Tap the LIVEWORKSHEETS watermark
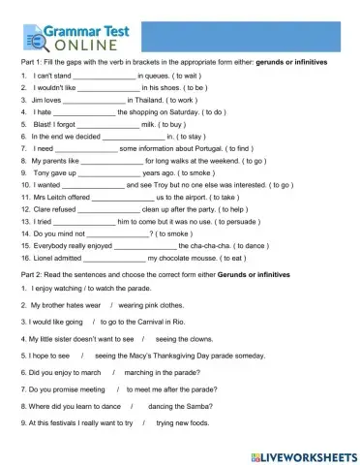(304, 454)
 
